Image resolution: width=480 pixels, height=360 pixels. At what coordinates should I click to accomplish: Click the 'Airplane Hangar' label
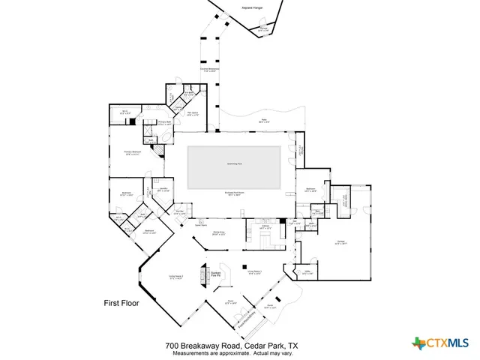252,8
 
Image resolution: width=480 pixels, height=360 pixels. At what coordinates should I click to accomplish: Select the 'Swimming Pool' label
234,163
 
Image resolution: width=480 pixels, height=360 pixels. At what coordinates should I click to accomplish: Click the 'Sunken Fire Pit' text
215,274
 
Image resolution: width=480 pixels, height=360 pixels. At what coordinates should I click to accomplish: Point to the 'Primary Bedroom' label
132,154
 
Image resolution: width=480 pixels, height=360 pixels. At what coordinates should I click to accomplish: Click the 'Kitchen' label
265,226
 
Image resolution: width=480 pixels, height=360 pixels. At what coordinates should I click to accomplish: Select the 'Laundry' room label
162,189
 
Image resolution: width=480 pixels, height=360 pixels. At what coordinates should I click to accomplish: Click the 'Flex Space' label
193,113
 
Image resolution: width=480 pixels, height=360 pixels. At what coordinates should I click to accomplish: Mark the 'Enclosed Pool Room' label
234,193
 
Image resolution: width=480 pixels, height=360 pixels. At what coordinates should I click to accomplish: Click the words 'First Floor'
121,304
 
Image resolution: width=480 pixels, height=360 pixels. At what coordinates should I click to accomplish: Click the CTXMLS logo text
448,343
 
